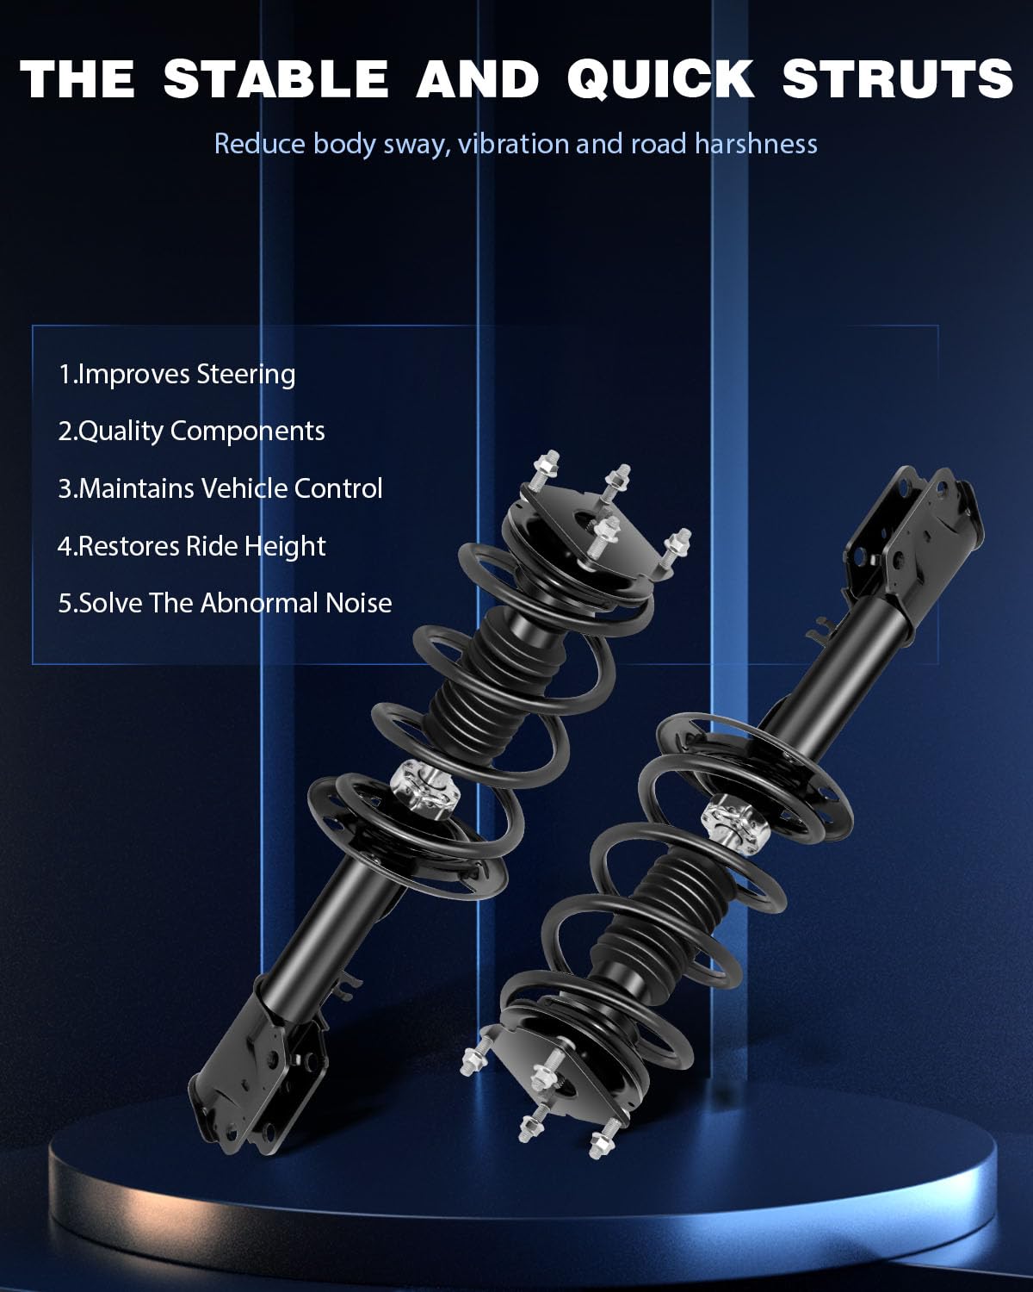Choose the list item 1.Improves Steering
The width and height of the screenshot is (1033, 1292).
click(176, 374)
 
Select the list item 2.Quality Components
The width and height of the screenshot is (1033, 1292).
click(191, 431)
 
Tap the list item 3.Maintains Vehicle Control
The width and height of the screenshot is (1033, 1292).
click(220, 488)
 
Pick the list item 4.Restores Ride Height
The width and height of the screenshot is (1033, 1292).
click(191, 546)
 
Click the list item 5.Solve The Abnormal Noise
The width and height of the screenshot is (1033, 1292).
click(225, 603)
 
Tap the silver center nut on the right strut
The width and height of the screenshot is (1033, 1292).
click(734, 826)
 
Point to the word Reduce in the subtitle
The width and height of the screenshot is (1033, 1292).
click(259, 143)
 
